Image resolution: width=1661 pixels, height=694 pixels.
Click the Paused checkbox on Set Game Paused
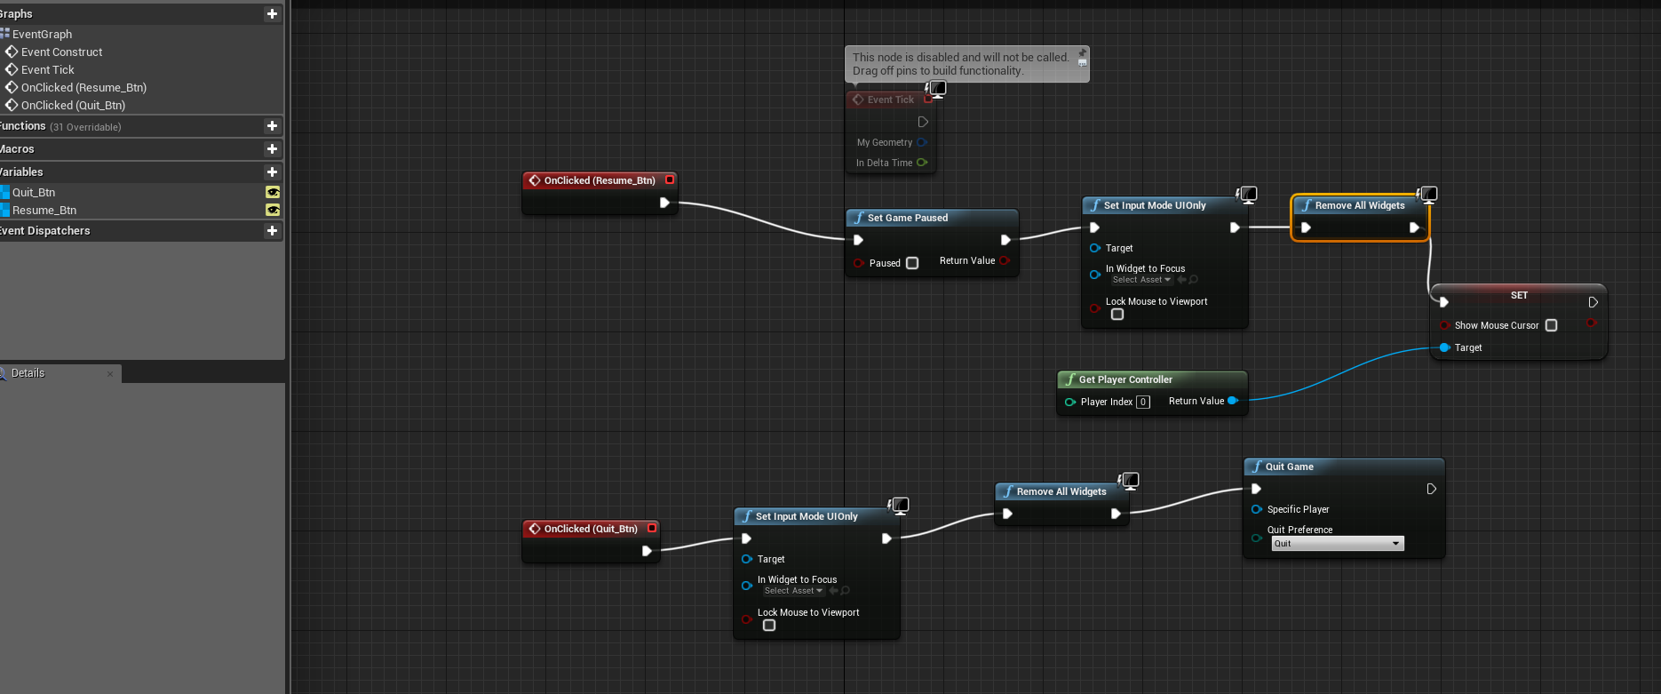(x=912, y=263)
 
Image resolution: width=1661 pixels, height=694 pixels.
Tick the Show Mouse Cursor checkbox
(x=1552, y=325)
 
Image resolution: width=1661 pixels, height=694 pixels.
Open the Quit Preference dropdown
(x=1338, y=544)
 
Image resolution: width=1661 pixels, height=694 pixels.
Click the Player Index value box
(x=1143, y=402)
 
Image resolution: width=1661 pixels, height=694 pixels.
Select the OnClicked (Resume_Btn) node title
(x=600, y=180)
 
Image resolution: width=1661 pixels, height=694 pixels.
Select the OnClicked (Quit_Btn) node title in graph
(x=591, y=529)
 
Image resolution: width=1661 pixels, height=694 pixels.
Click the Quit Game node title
(x=1289, y=467)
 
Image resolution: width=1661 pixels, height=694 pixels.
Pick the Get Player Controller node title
(x=1125, y=379)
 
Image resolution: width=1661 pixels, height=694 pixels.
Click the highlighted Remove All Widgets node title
(x=1360, y=205)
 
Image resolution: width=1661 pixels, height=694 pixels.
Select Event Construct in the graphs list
(x=61, y=52)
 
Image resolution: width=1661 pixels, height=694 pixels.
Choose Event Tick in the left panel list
(x=48, y=70)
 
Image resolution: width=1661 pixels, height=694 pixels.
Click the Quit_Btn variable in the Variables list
(x=34, y=193)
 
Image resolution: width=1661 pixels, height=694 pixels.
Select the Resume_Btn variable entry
(x=44, y=211)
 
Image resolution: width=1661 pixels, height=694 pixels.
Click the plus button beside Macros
(x=272, y=149)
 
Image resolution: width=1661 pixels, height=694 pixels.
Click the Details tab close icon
(x=110, y=374)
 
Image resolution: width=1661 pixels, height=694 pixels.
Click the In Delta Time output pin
(x=922, y=163)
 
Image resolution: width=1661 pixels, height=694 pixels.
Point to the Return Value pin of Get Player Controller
(x=1233, y=401)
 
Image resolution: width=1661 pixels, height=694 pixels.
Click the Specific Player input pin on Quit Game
(x=1256, y=509)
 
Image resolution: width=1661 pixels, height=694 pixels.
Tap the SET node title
(x=1520, y=295)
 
